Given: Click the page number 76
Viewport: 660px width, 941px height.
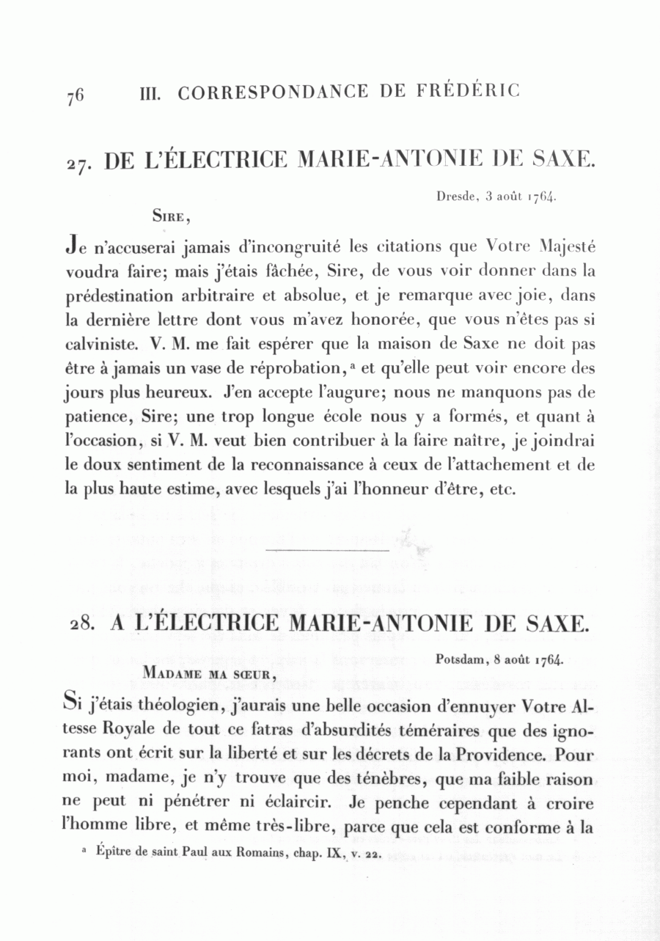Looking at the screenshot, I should [75, 95].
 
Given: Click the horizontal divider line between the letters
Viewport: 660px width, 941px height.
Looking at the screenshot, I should [326, 549].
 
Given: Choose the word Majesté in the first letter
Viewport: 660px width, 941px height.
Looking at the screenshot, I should [568, 246].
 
